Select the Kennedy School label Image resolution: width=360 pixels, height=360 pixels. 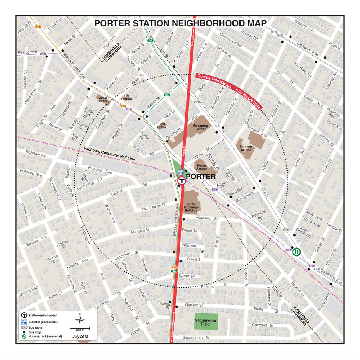pos(245,148)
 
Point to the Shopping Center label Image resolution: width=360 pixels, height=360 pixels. pos(200,127)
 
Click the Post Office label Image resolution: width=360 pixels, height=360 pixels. pos(162,126)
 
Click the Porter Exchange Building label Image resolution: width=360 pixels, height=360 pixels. pos(191,207)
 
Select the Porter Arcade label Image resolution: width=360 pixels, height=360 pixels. pos(202,167)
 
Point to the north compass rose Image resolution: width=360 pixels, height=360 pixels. pos(80,319)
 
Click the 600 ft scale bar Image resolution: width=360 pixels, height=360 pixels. pos(80,329)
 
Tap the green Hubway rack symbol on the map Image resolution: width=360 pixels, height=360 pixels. pos(296,252)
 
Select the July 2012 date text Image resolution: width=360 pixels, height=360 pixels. pos(80,337)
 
